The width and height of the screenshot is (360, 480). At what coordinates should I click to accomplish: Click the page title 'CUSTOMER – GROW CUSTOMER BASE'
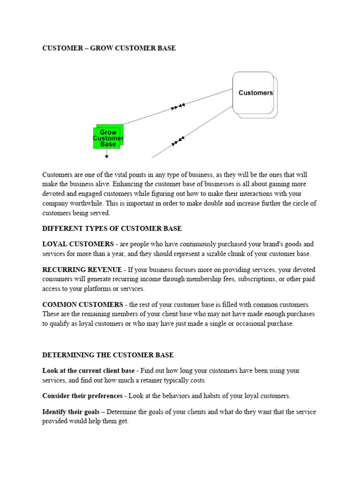pos(109,48)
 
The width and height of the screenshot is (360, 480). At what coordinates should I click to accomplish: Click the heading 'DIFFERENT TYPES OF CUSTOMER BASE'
pos(112,228)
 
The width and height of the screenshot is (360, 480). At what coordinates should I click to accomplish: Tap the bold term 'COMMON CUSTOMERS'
pos(82,305)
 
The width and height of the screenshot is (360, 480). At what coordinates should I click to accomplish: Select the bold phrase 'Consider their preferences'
pos(82,396)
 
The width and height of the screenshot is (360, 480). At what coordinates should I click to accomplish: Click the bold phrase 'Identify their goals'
pos(71,412)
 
